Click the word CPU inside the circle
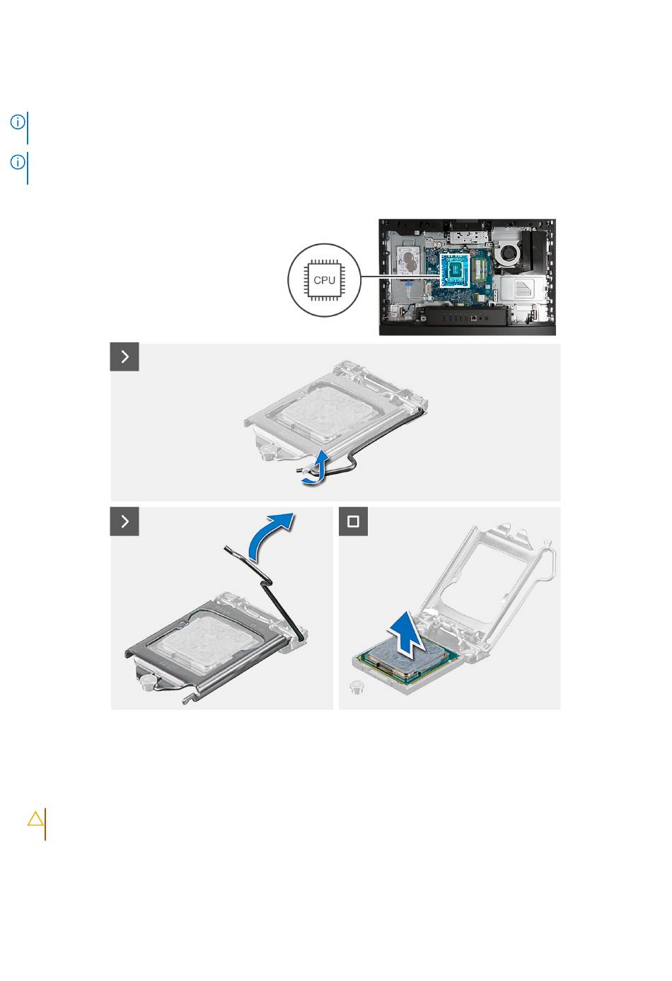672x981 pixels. click(324, 280)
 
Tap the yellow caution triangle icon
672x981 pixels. click(35, 818)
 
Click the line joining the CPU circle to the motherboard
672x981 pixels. click(400, 277)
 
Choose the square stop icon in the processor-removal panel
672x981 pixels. click(353, 521)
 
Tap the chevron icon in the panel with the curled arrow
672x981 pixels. click(124, 356)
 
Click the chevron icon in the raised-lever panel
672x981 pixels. click(124, 521)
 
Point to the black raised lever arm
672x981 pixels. click(264, 591)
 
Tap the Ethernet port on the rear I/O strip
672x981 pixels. click(474, 318)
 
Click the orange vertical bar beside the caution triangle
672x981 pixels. click(45, 824)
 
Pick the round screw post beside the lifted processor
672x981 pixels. click(357, 687)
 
